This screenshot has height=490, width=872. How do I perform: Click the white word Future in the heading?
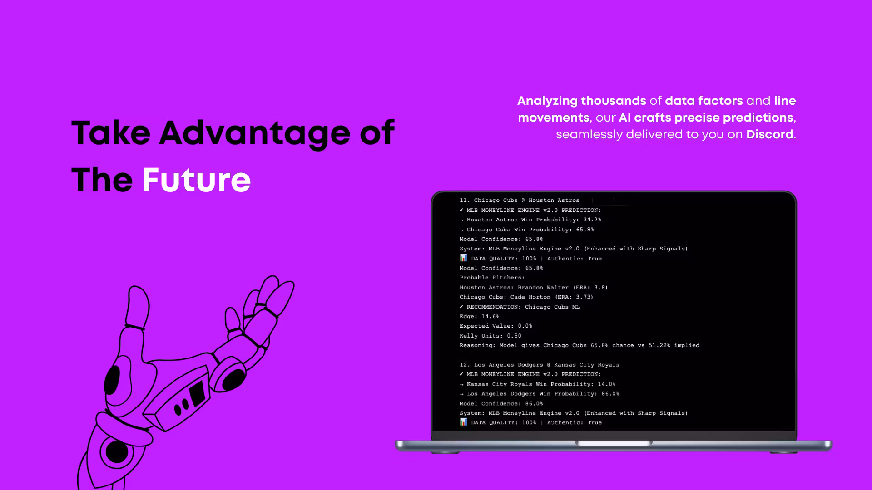pos(197,180)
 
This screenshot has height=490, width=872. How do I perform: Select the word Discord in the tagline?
pos(770,134)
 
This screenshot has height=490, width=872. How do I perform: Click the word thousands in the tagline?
pos(614,101)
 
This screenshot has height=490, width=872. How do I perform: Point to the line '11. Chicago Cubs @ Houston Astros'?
pos(519,200)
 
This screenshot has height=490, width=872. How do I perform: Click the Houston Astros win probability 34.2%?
pos(592,220)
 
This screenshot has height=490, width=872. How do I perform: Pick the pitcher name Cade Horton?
pos(530,297)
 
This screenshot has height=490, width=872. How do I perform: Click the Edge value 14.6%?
pos(490,317)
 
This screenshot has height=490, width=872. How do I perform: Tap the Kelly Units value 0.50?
pos(514,336)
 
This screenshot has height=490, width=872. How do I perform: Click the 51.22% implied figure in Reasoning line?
pos(659,345)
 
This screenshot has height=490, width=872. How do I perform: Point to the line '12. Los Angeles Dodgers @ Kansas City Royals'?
pos(539,365)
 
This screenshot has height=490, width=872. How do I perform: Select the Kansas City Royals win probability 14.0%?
pos(607,384)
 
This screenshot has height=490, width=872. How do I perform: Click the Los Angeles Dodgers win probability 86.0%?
pos(610,394)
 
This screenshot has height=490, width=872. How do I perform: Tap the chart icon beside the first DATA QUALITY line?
pos(463,258)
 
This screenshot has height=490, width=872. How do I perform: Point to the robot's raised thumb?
pos(137,306)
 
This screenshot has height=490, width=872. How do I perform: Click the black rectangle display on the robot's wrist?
pos(198,393)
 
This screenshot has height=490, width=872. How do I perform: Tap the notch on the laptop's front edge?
pos(614,443)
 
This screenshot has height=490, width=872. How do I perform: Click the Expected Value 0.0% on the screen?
pos(525,326)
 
